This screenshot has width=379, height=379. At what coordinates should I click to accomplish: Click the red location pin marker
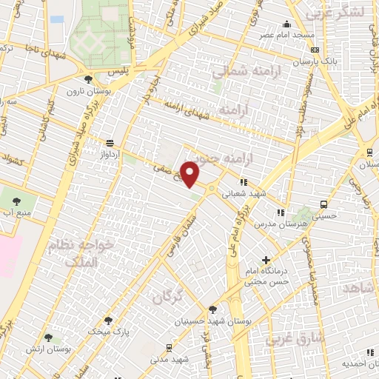(190, 174)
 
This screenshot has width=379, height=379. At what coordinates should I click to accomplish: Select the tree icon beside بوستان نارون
(89, 79)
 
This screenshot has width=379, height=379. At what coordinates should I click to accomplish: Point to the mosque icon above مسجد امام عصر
(287, 24)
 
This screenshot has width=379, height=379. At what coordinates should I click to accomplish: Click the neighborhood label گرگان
(167, 298)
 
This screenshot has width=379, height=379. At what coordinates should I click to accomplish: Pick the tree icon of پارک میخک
(108, 321)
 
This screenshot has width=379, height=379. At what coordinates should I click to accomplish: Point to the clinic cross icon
(266, 260)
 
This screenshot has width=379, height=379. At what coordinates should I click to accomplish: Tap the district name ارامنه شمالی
(241, 72)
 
